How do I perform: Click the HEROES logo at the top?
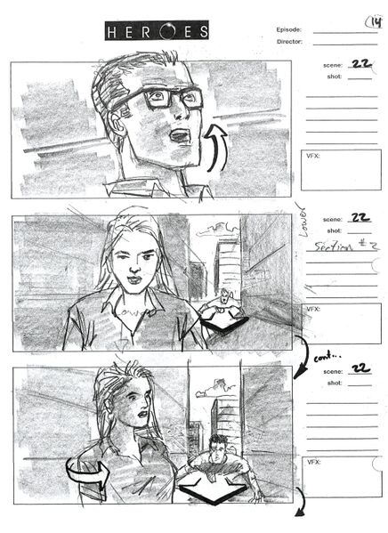click(x=158, y=32)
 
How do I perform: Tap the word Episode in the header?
click(x=288, y=28)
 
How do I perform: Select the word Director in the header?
click(x=289, y=41)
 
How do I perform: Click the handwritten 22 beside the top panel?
click(x=361, y=64)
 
